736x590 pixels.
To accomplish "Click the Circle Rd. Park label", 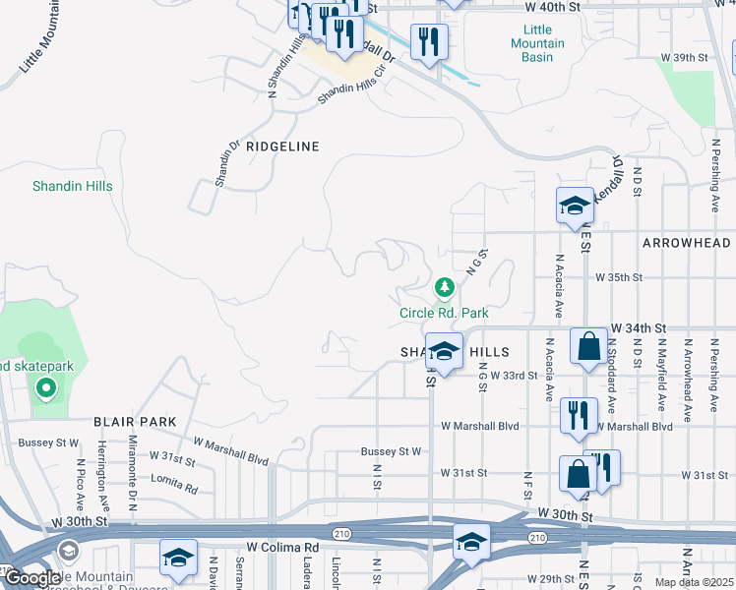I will pos(444,313).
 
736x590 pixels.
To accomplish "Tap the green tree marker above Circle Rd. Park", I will pos(445,288).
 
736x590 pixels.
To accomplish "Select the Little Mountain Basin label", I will pos(537,43).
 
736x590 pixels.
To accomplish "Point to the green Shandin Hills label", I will pos(72,186).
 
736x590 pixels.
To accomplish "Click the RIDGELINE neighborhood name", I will pos(282,147).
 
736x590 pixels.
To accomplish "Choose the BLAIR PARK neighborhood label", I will pos(135,422).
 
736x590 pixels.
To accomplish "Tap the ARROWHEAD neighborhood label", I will pos(686,243).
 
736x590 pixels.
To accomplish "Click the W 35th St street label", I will pos(618,278).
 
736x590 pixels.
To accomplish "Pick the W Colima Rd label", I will pos(282,547).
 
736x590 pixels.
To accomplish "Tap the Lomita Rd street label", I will pos(174,483).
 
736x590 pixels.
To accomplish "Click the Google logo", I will pos(31,578).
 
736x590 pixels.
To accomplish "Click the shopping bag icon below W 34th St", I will pos(588,347).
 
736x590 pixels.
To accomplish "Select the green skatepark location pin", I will pos(45,387).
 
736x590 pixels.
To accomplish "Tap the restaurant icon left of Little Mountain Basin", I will pos(429,41).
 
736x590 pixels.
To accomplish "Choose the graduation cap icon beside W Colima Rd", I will pos(178,557).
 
